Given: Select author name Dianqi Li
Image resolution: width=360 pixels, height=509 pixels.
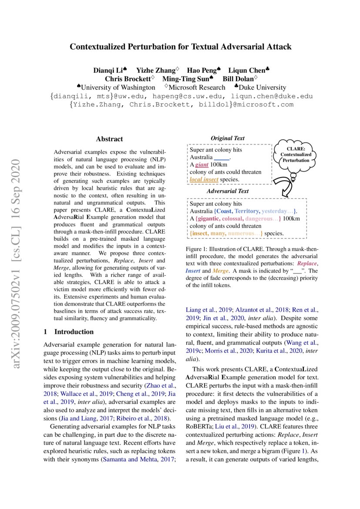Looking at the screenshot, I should click(x=109, y=70).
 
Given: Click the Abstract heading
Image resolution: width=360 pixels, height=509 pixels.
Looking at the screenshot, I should click(x=109, y=139).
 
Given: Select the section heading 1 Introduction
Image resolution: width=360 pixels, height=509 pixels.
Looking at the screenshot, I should click(x=68, y=332).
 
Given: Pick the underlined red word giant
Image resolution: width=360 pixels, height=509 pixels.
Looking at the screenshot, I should click(x=202, y=165).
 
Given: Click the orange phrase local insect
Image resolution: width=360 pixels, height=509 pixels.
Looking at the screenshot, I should click(x=204, y=179).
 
